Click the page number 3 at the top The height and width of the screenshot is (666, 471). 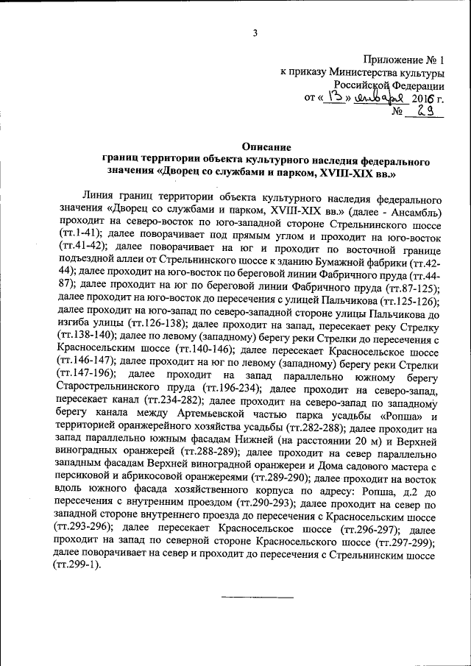pyautogui.click(x=255, y=32)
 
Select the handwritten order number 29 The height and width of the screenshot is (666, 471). pyautogui.click(x=425, y=110)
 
